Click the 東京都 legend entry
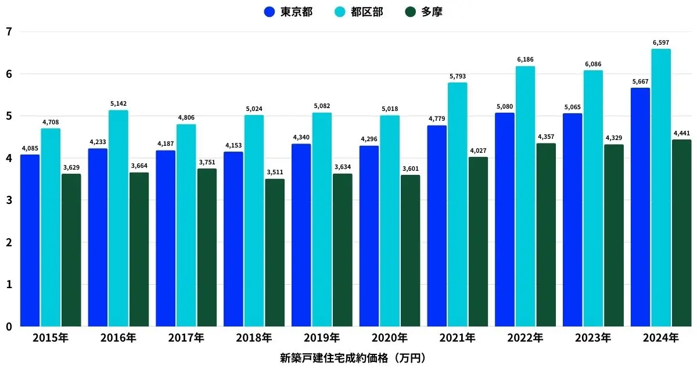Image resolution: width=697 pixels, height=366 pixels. [x=288, y=12]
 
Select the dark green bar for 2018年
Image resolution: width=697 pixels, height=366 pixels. [x=275, y=253]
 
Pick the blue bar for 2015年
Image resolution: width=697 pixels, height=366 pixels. [x=30, y=241]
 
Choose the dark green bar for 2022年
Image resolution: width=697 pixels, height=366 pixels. [x=546, y=235]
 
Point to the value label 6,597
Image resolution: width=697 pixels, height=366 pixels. [x=661, y=42]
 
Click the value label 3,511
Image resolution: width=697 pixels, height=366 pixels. [x=275, y=172]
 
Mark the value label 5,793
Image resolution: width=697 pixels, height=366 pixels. [x=458, y=76]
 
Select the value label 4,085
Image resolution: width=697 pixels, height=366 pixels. [x=30, y=148]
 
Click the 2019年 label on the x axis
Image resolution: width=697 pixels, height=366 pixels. [x=322, y=338]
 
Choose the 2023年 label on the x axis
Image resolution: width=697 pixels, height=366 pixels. [x=593, y=338]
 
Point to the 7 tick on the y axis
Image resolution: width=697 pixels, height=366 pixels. [x=8, y=32]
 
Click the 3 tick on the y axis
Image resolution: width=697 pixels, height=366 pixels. [x=8, y=200]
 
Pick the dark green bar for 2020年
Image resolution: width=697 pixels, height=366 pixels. [x=410, y=250]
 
